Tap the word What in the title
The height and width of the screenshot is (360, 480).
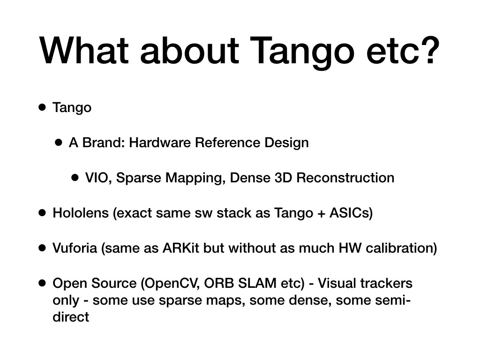[x=84, y=51]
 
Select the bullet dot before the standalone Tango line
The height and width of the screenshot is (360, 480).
[x=42, y=107]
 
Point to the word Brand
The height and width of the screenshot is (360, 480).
[x=103, y=142]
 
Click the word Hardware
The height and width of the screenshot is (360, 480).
[x=160, y=142]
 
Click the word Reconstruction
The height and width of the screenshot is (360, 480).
[x=345, y=178]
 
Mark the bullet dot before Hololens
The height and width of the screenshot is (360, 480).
[x=42, y=213]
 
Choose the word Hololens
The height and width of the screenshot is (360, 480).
[x=81, y=213]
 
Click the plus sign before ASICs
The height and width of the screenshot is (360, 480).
[x=321, y=213]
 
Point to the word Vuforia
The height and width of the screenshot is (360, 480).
[x=75, y=248]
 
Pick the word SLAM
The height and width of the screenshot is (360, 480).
[x=257, y=283]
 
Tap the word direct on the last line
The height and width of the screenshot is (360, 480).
[x=71, y=317]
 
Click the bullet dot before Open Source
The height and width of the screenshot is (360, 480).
[x=42, y=283]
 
